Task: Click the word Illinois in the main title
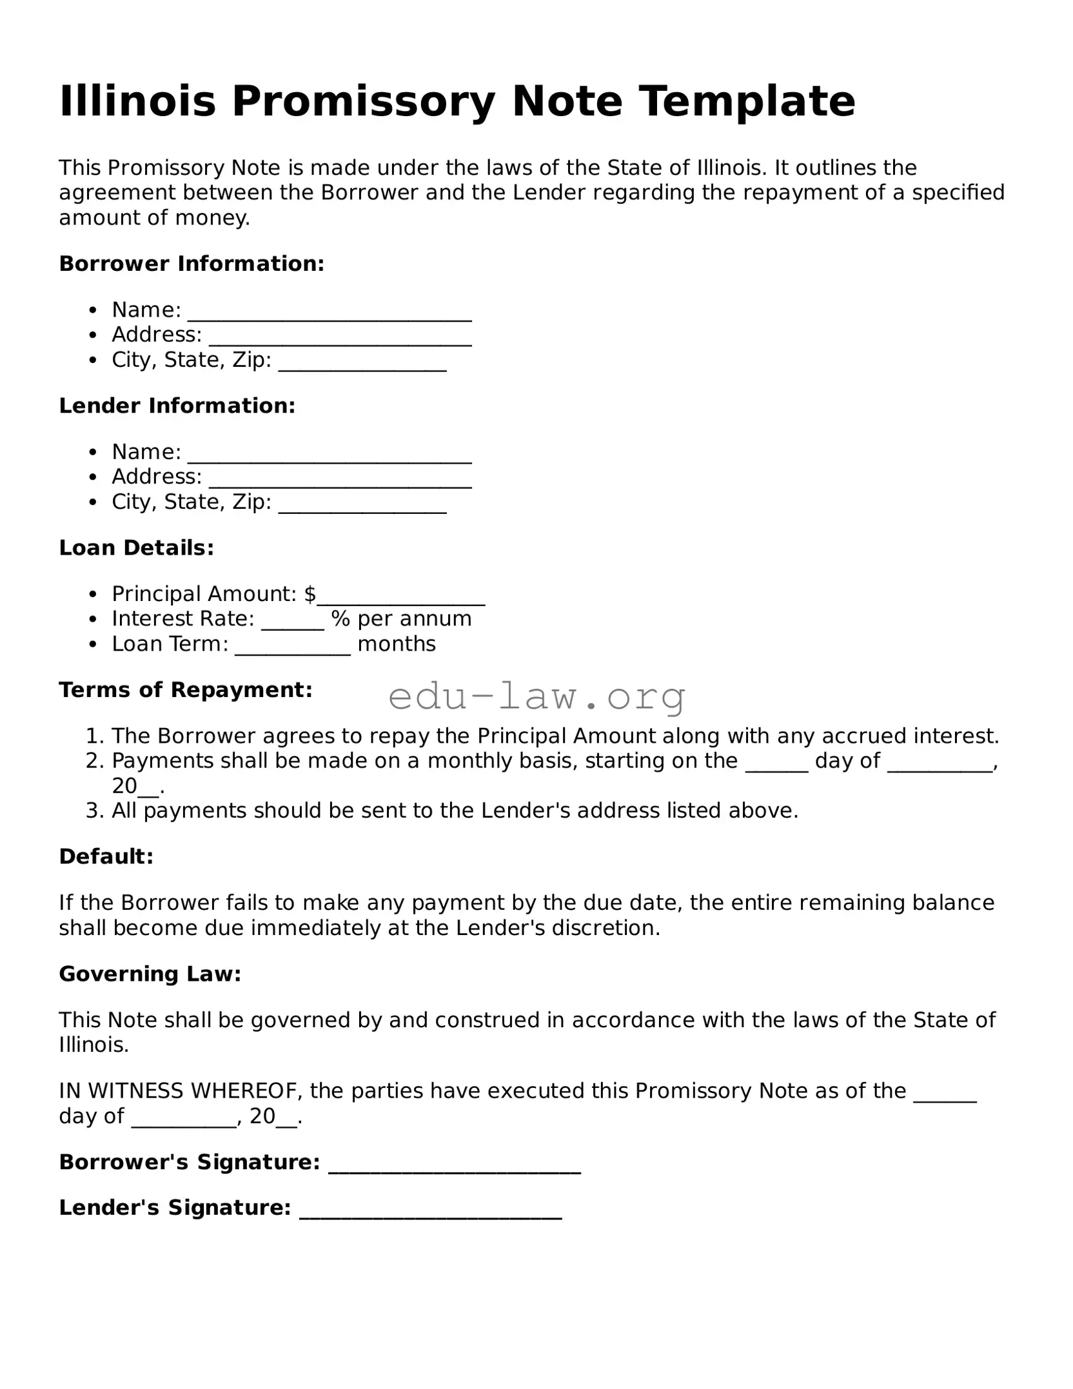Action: click(137, 101)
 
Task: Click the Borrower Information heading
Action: click(192, 264)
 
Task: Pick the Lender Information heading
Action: click(177, 406)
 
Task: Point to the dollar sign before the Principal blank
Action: click(310, 594)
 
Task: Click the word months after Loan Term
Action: click(397, 644)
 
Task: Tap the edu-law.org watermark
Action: click(537, 697)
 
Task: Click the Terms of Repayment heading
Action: click(186, 690)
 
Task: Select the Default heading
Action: click(106, 857)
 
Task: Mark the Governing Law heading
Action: click(150, 974)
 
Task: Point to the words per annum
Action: click(415, 619)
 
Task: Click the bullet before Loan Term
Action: click(94, 644)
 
